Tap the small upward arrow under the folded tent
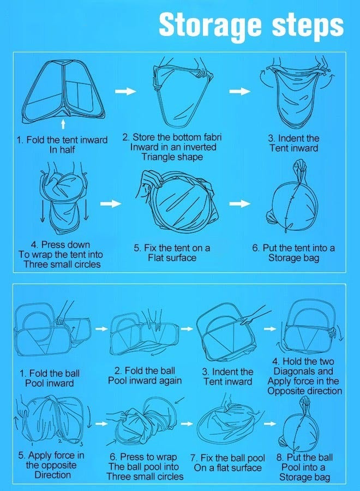pyautogui.click(x=63, y=124)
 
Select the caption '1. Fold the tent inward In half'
pyautogui.click(x=62, y=145)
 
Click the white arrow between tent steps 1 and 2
pyautogui.click(x=125, y=91)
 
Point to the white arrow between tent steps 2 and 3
pyautogui.click(x=240, y=91)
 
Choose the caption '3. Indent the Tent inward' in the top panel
pyautogui.click(x=293, y=143)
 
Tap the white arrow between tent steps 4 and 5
pyautogui.click(x=111, y=203)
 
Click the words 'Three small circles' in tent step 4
pyautogui.click(x=62, y=264)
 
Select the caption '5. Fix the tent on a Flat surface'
pyautogui.click(x=172, y=253)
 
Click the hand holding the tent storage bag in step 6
pyautogui.click(x=300, y=165)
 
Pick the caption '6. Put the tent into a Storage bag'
pyautogui.click(x=293, y=253)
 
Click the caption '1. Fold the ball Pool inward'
pyautogui.click(x=50, y=378)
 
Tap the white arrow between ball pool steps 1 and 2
pyautogui.click(x=101, y=329)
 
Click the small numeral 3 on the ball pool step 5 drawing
pyautogui.click(x=81, y=444)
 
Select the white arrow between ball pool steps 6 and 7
pyautogui.click(x=187, y=424)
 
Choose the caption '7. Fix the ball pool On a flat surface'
pyautogui.click(x=227, y=463)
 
